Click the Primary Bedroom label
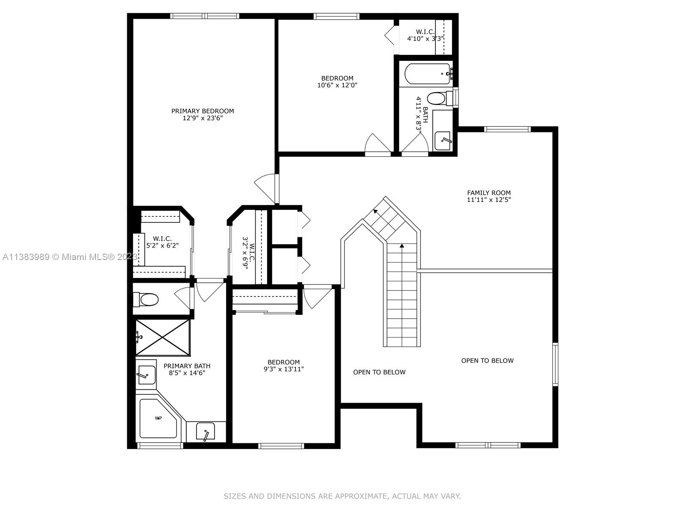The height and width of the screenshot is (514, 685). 203,111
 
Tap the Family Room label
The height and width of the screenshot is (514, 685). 489,193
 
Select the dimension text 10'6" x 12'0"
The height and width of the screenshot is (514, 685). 337,85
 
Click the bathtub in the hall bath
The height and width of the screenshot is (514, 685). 428,74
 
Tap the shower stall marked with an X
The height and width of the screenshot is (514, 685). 163,338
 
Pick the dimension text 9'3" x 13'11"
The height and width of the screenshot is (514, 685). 283,369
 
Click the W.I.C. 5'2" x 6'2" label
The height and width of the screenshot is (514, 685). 162,242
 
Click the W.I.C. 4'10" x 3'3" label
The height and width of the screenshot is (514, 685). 425,35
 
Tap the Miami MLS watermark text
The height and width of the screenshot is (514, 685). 70,257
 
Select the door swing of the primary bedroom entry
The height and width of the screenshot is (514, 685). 265,188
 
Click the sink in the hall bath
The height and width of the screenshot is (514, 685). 443,140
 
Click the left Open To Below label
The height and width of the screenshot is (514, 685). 379,372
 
